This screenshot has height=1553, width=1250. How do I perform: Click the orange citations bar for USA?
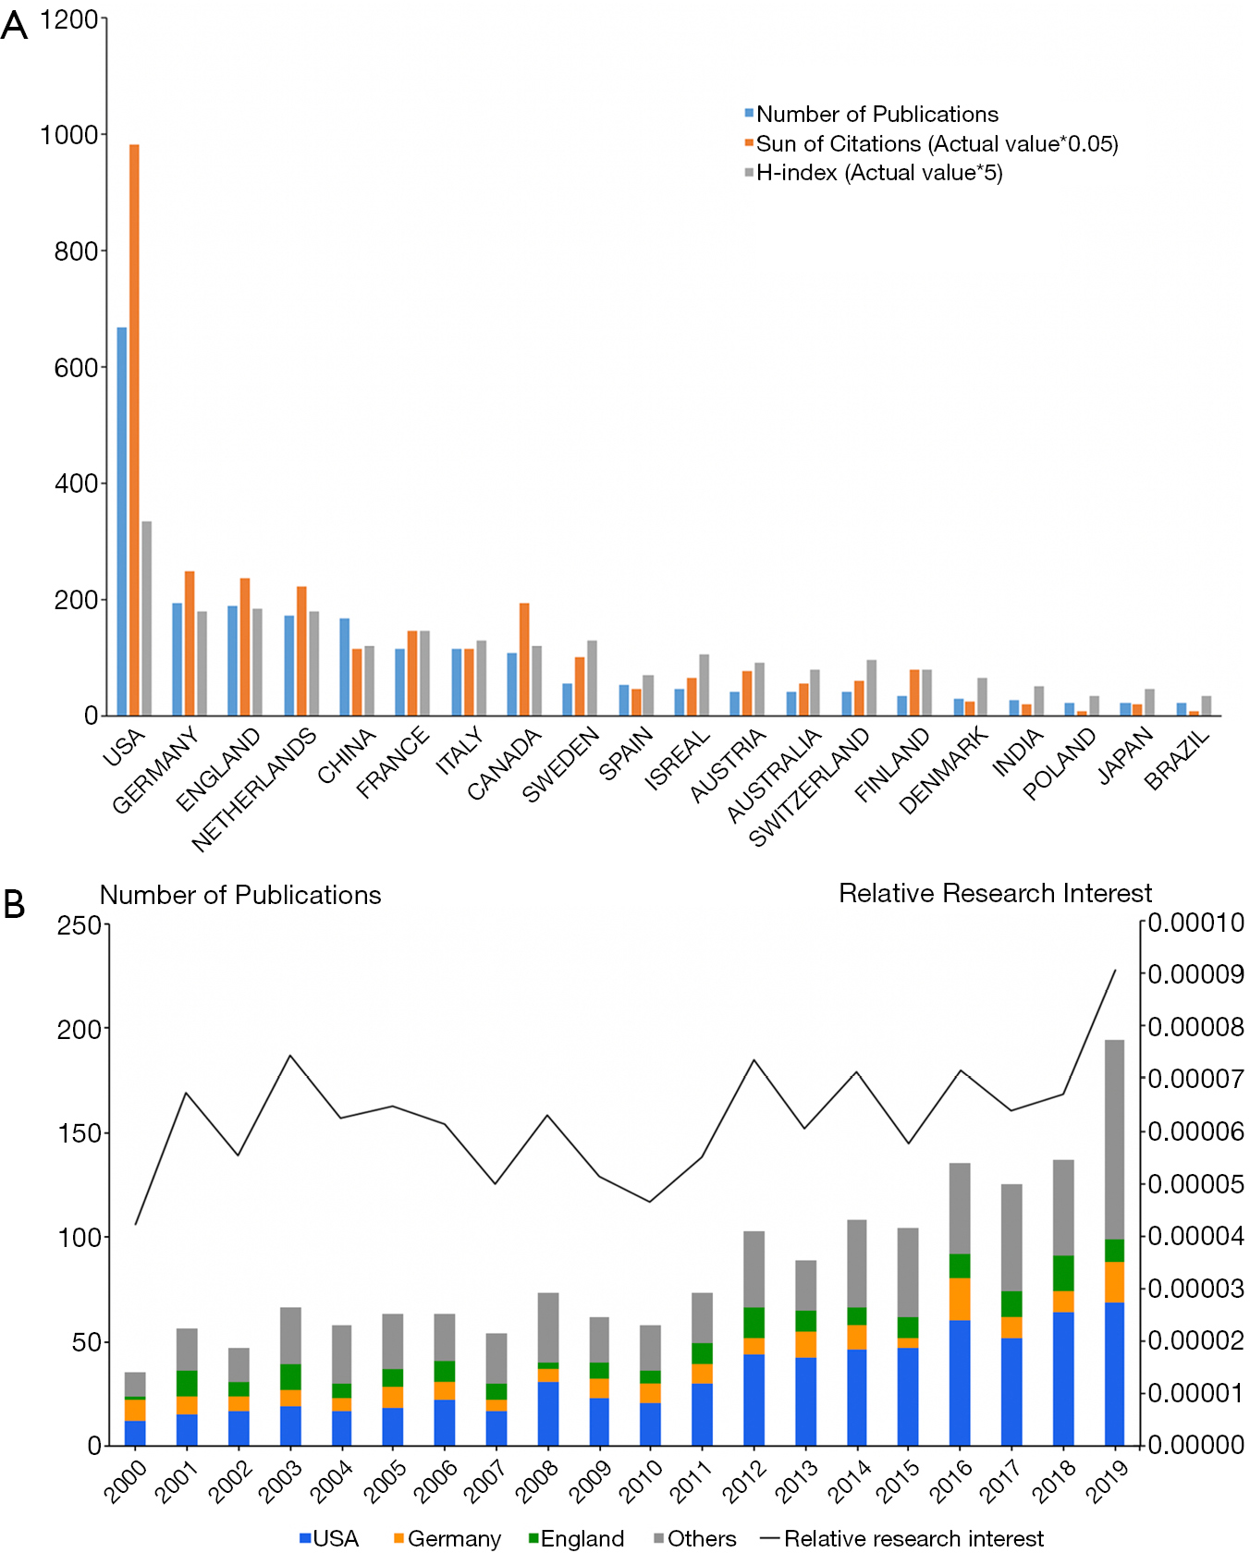click(134, 430)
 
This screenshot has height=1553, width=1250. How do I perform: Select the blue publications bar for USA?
click(122, 521)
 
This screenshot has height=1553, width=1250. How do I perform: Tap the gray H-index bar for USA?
click(146, 618)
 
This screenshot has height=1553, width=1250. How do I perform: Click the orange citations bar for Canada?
click(524, 659)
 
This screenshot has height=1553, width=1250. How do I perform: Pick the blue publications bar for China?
click(345, 666)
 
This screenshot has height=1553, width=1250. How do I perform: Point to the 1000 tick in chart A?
click(68, 135)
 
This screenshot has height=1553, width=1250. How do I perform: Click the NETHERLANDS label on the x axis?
click(254, 789)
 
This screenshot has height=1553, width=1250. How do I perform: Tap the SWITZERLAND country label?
click(810, 787)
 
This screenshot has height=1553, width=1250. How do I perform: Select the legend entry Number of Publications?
click(871, 115)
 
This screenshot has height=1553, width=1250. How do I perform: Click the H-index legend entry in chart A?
click(873, 173)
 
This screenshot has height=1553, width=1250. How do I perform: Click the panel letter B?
click(14, 904)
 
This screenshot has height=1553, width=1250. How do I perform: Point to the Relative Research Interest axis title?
click(995, 893)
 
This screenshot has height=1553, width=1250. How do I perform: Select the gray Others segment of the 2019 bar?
click(1114, 1140)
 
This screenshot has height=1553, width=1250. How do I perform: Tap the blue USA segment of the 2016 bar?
click(960, 1383)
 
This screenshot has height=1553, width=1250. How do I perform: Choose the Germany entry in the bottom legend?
click(447, 1538)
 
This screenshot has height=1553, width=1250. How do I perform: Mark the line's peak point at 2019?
click(1115, 970)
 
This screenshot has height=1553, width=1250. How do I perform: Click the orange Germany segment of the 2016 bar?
click(960, 1299)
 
